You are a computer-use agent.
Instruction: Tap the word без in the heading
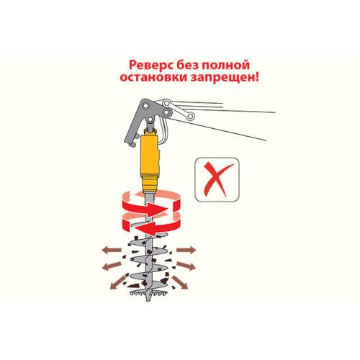click(187, 65)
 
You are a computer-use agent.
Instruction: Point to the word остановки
click(153, 78)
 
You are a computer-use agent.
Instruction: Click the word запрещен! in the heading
click(225, 78)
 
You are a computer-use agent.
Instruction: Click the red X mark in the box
click(217, 179)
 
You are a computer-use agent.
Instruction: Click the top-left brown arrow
click(112, 250)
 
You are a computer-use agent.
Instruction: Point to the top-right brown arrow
click(186, 250)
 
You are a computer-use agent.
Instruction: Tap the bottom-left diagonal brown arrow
click(118, 282)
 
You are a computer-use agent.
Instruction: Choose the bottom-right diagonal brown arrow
click(180, 282)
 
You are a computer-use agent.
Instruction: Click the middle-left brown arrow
click(112, 266)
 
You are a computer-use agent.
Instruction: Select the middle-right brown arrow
click(186, 266)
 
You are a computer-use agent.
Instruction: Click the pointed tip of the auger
click(148, 300)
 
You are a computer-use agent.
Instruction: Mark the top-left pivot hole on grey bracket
click(146, 105)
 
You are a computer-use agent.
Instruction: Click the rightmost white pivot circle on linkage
click(190, 117)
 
